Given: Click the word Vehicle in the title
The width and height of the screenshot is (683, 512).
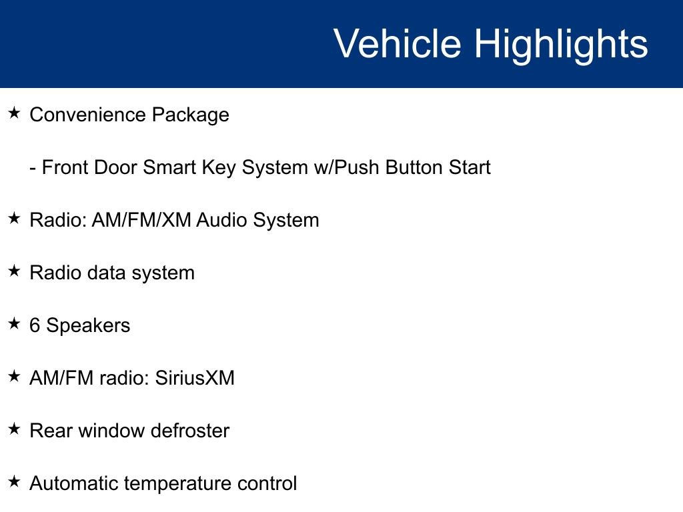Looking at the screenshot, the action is [398, 43].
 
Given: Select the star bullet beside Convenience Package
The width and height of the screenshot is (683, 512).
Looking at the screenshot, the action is [15, 113].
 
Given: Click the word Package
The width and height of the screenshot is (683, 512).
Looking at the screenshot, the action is [190, 115].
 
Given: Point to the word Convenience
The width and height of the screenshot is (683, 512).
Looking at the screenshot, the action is [87, 115].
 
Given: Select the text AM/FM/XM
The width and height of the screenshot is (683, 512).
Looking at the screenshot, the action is [141, 220].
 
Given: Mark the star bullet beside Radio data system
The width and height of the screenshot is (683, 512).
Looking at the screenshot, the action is [15, 271].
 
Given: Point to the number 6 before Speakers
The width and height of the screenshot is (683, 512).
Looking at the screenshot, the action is [35, 325].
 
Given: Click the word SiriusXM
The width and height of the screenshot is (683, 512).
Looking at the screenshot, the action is [195, 378].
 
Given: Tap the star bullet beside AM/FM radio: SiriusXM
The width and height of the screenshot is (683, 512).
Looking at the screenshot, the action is [15, 376].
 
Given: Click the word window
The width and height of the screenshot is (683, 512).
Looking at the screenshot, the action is [112, 431].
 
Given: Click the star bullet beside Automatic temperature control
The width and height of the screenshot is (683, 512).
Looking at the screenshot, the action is [15, 481].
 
